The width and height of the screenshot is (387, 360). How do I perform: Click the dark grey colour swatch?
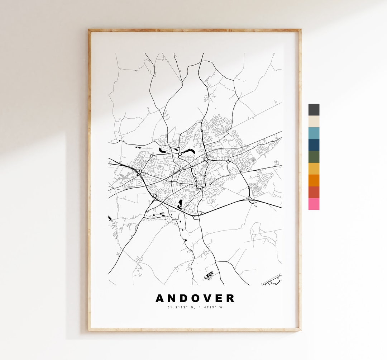pyautogui.click(x=314, y=110)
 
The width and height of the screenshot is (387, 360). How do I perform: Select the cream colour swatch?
pyautogui.click(x=314, y=122)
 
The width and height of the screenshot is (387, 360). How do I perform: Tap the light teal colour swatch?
pyautogui.click(x=314, y=133)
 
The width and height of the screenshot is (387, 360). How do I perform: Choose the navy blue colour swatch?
pyautogui.click(x=314, y=145)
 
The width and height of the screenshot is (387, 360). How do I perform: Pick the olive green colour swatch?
pyautogui.click(x=314, y=157)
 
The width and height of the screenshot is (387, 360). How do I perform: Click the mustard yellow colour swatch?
pyautogui.click(x=314, y=169)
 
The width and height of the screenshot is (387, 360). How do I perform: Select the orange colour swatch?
pyautogui.click(x=314, y=180)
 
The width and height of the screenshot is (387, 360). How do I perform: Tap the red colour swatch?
pyautogui.click(x=314, y=192)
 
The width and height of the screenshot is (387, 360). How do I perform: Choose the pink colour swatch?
pyautogui.click(x=314, y=204)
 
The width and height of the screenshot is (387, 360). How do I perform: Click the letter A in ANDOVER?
pyautogui.click(x=160, y=298)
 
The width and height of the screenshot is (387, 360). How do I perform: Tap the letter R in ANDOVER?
pyautogui.click(x=230, y=298)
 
